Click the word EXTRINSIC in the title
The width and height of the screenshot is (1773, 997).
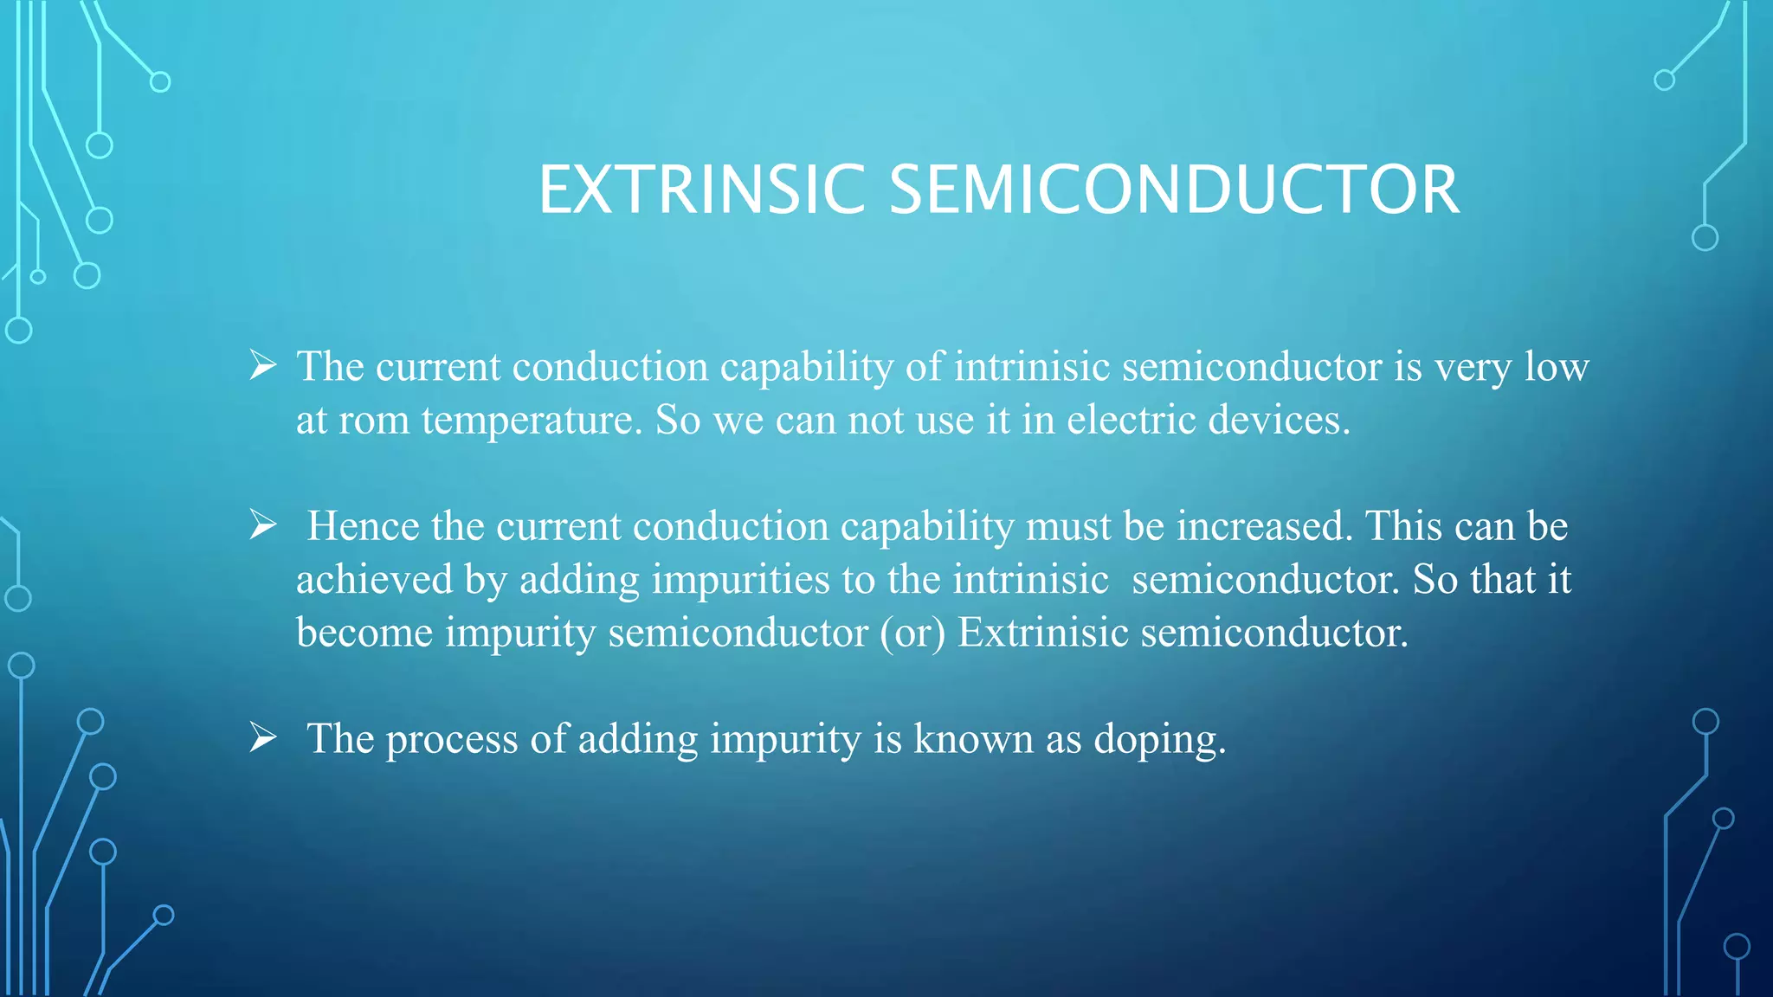tap(701, 190)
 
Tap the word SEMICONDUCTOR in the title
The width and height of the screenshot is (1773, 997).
tap(1174, 190)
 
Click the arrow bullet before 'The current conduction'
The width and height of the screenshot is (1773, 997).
tap(262, 365)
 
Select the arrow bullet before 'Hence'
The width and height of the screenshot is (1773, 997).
tap(262, 524)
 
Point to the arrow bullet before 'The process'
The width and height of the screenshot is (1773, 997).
tap(262, 737)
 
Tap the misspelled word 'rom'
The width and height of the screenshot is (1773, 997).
tap(373, 421)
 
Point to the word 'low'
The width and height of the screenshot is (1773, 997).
tap(1556, 367)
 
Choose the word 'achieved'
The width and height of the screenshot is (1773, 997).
tap(374, 580)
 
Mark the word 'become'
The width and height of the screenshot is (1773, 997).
tap(364, 633)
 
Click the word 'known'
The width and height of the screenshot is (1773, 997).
tap(973, 739)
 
